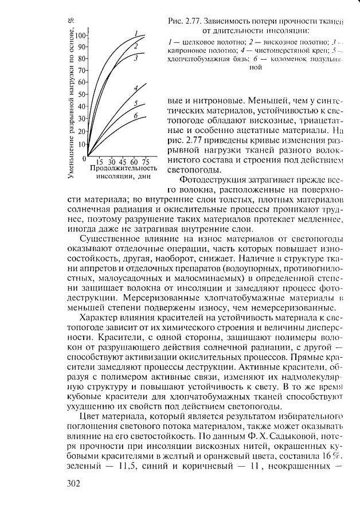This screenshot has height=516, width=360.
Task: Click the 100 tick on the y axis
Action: [80, 35]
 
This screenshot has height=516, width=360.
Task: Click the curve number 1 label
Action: [136, 33]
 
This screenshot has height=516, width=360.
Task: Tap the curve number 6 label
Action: [135, 116]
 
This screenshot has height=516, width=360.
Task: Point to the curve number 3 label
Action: [136, 58]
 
